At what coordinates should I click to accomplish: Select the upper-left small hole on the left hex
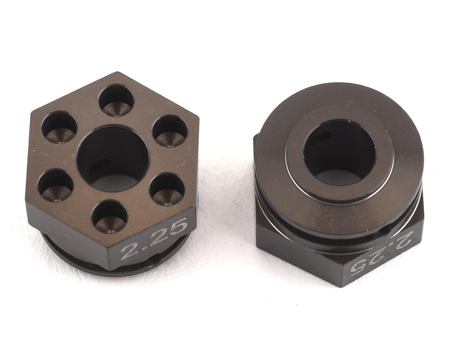point(60,127)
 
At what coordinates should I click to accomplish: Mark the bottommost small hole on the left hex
point(110,216)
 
